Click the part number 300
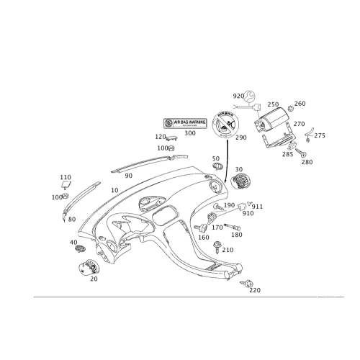coord(190,133)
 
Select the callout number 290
coord(240,137)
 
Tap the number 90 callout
coord(129,175)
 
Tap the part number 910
coord(249,213)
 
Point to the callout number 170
coord(228,249)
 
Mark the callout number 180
coord(237,234)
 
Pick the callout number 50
coord(215,158)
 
